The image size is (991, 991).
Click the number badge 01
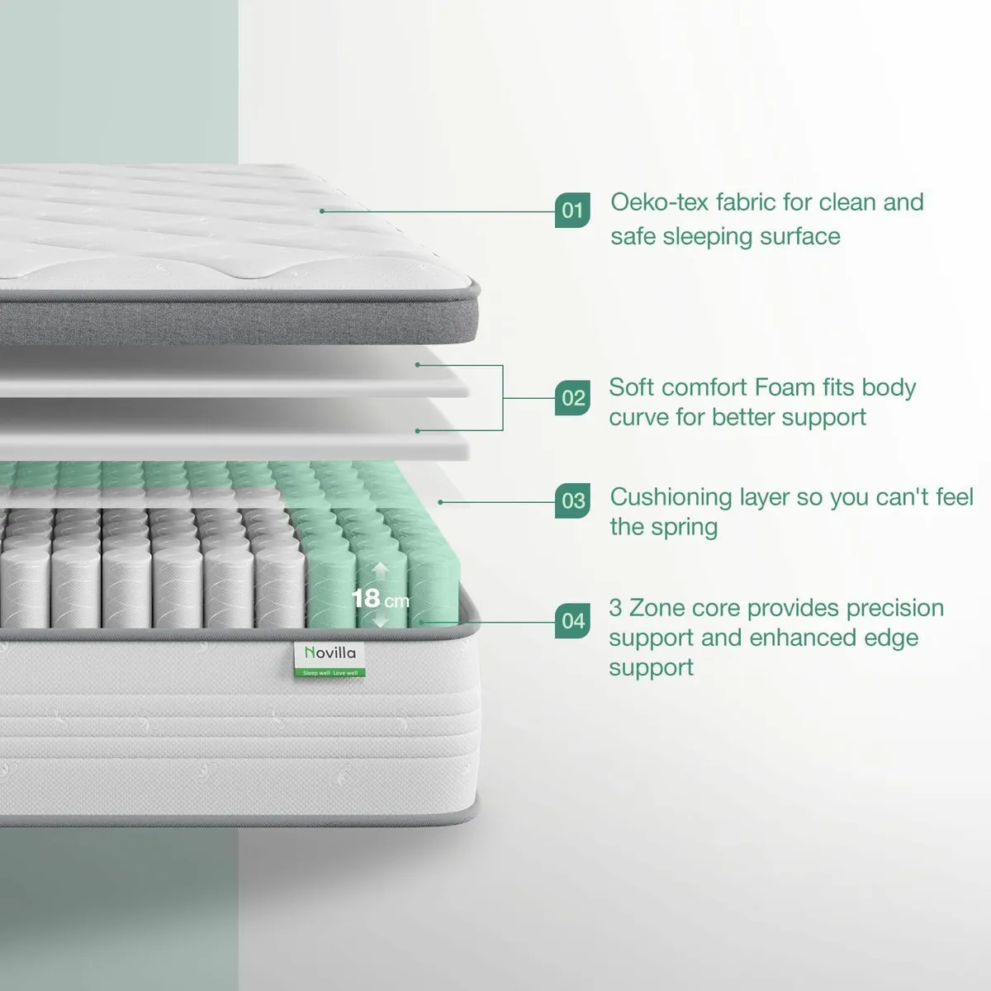point(572,211)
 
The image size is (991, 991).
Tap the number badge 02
point(573,398)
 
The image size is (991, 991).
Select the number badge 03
point(573,501)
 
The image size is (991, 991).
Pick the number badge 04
point(573,621)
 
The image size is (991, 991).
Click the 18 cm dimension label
point(379,598)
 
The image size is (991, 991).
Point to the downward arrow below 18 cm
point(380,621)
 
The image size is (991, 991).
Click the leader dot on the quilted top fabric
point(322,211)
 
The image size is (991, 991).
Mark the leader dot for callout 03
point(440,501)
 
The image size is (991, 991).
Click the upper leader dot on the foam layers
point(418,364)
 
